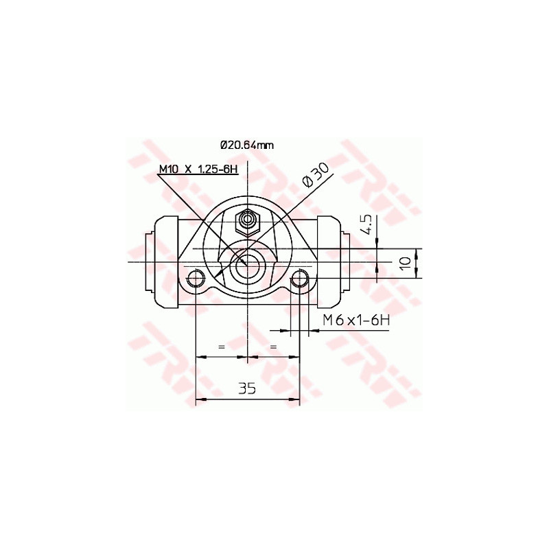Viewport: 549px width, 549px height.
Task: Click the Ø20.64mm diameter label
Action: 247,145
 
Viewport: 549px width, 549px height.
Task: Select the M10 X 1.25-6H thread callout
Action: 198,170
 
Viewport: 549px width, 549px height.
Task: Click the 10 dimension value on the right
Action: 406,263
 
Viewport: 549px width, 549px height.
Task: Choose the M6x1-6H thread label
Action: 356,319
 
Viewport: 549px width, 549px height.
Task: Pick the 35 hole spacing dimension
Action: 247,389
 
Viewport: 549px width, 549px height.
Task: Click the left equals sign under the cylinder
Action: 221,347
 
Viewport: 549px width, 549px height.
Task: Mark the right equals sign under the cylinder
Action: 273,347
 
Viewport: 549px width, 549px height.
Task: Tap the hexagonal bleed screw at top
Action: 247,222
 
